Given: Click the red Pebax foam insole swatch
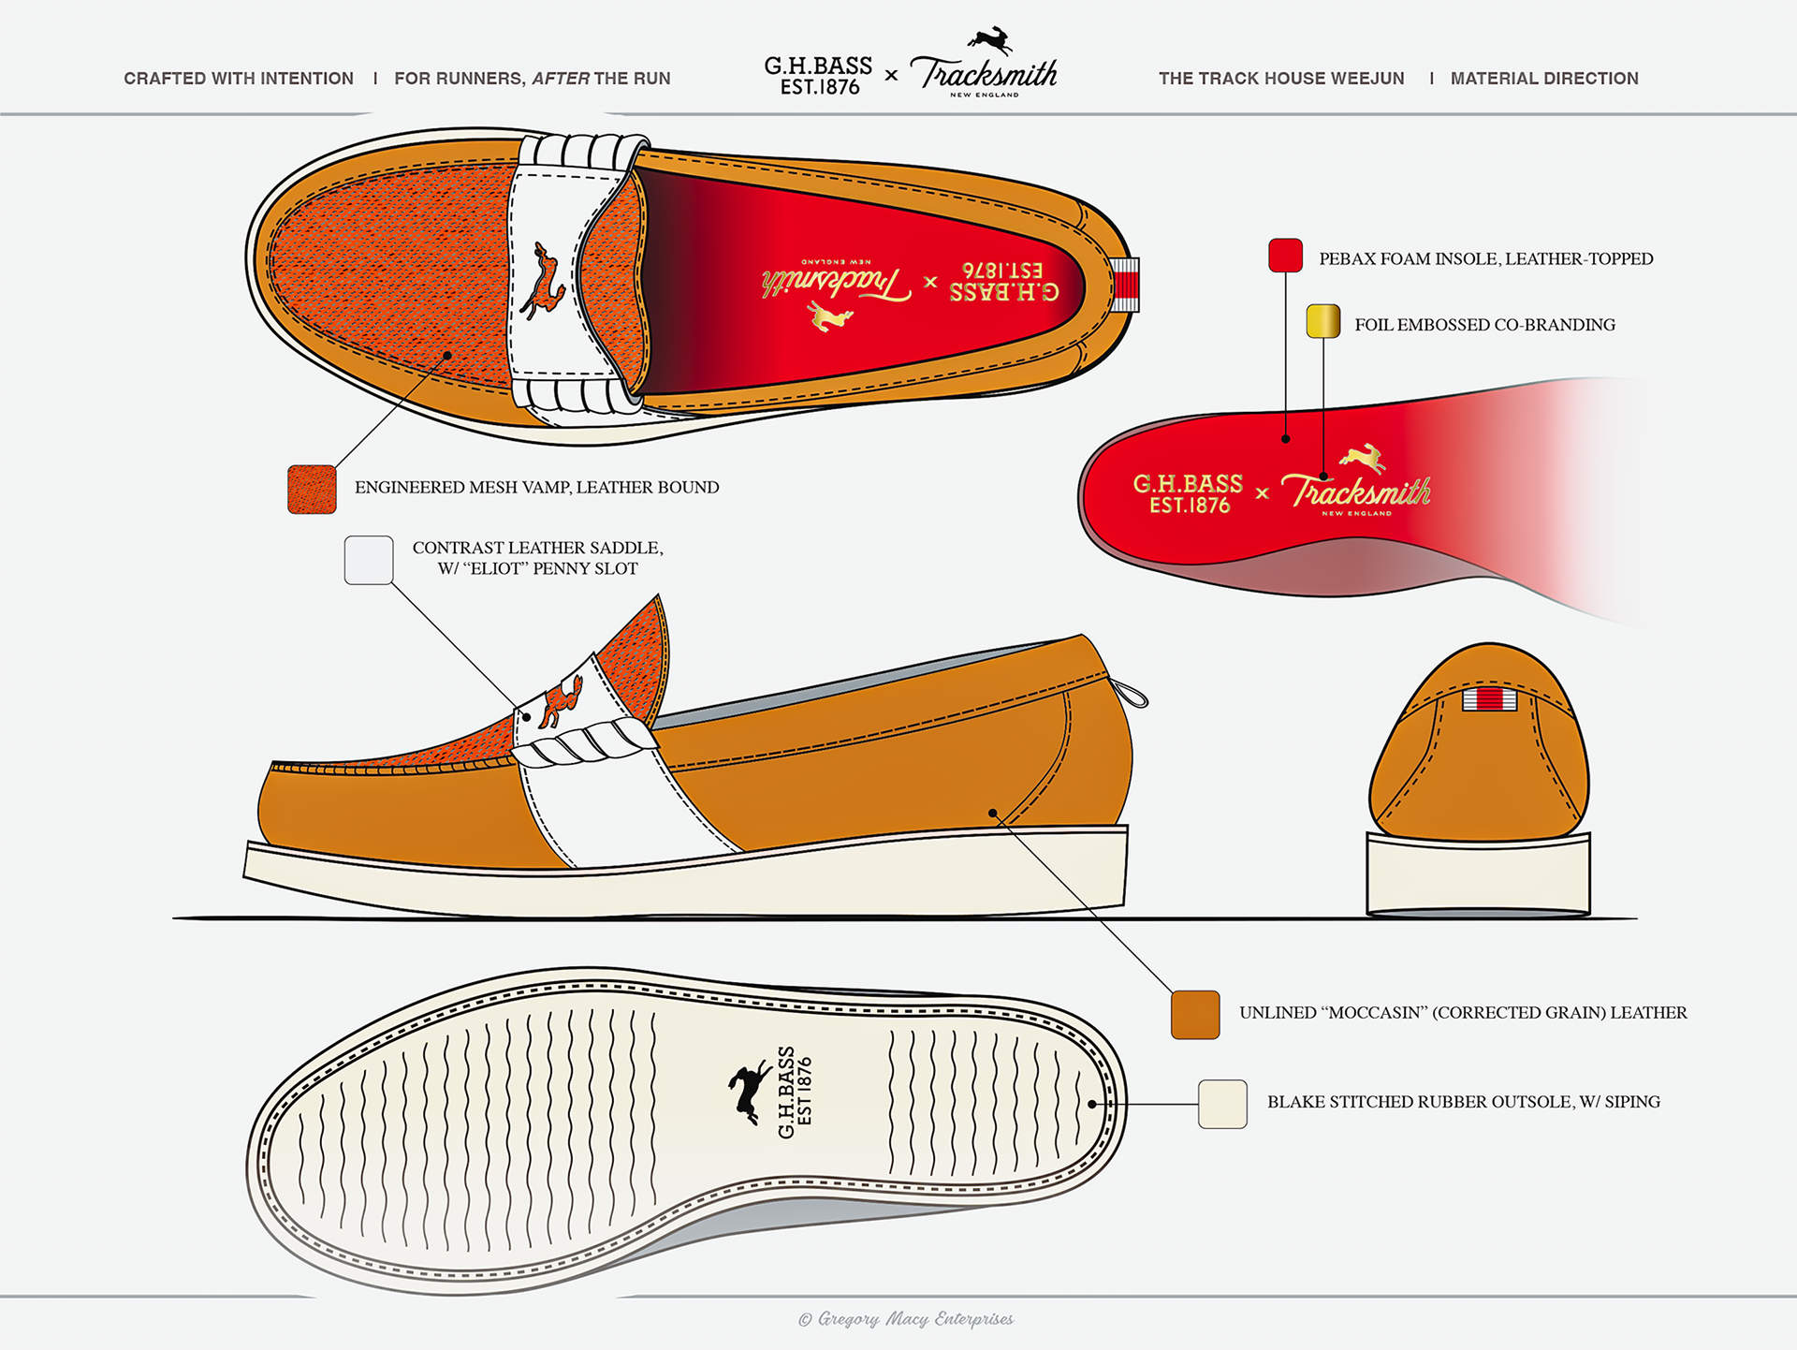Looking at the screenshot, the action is coord(1285,256).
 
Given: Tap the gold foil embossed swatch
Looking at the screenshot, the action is coord(1322,321).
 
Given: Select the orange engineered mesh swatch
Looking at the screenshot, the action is coord(312,489).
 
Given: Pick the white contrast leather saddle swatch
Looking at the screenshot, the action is coord(368,560).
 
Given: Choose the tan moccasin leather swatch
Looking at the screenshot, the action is coord(1195,1015).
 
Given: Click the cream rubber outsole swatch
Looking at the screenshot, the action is coord(1222,1104).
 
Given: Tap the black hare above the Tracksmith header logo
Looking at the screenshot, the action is coord(990,40).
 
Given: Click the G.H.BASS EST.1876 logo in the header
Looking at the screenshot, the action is coord(818,76).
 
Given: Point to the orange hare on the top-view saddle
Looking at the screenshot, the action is coord(543,281).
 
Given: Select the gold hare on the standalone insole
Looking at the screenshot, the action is coord(1364,458).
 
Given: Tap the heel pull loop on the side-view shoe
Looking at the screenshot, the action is coord(1131,695).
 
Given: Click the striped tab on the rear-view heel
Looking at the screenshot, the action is coord(1489,698).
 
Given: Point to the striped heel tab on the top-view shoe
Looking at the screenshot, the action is coord(1125,284).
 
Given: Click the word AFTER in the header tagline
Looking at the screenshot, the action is coord(561,79).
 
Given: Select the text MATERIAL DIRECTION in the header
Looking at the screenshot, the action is coord(1544,79).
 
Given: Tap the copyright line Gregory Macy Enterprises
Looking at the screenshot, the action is coord(906,1319).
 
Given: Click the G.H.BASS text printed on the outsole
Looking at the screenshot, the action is coord(786,1093).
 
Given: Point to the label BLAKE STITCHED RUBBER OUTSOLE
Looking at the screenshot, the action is coord(1463,1102).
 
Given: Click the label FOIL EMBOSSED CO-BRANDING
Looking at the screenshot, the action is coord(1484,325).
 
